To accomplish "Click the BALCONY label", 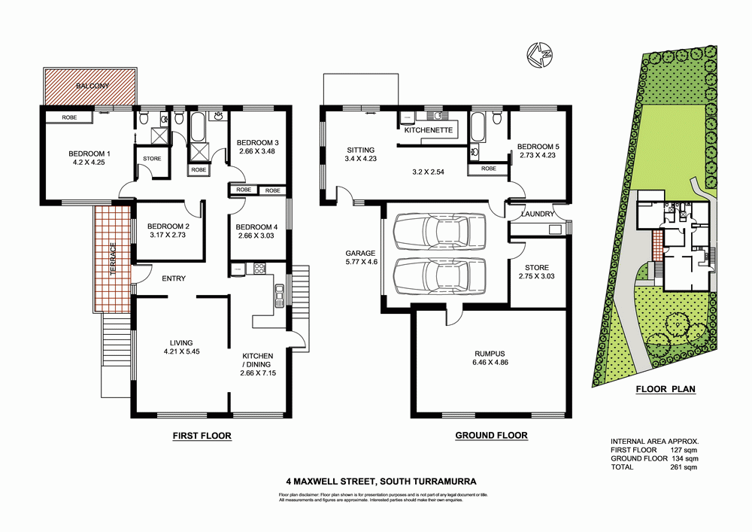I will (92, 87).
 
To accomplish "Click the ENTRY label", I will (173, 279).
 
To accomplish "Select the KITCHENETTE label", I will (427, 130).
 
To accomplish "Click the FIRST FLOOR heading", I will (202, 436).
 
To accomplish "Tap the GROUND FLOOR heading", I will (491, 436).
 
